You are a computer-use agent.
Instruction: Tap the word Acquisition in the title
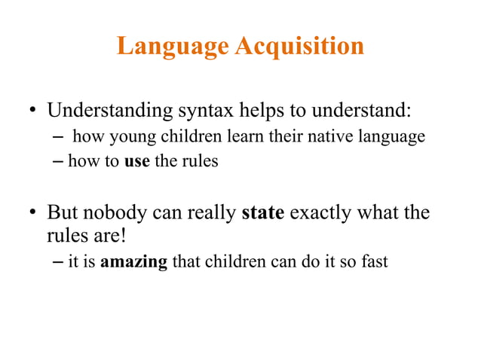point(300,47)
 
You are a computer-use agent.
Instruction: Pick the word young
point(121,138)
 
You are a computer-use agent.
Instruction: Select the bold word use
point(136,161)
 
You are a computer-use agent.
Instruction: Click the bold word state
point(262,213)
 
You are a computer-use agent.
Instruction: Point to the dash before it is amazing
point(60,264)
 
